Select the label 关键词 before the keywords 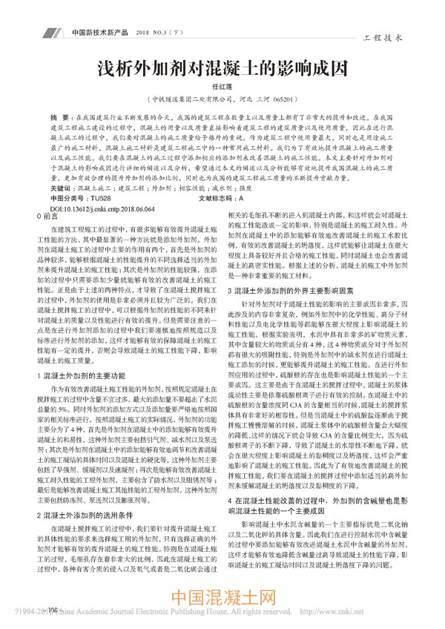pyautogui.click(x=59, y=190)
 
